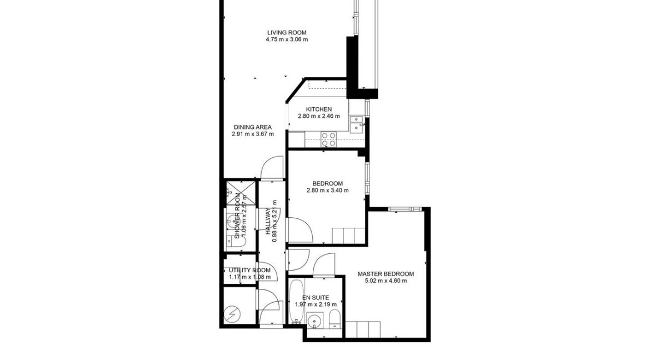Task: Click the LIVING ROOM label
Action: [x=286, y=32]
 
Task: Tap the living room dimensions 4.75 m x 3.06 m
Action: [x=286, y=39]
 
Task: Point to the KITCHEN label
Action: [x=318, y=109]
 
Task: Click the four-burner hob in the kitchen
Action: [x=329, y=138]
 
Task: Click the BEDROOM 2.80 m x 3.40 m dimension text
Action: [x=327, y=191]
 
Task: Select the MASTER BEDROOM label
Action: [x=386, y=274]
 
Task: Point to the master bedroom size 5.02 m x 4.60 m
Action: [x=386, y=281]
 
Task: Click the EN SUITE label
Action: [x=315, y=297]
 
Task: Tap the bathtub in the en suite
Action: [x=296, y=301]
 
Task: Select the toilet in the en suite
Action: [x=334, y=321]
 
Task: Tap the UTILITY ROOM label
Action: [x=249, y=270]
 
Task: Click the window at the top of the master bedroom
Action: [x=404, y=209]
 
